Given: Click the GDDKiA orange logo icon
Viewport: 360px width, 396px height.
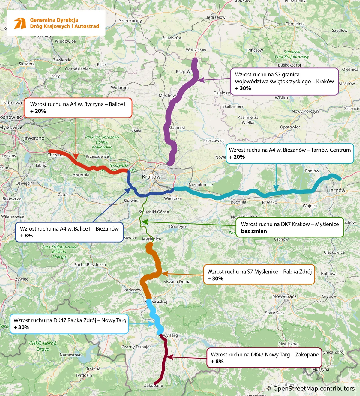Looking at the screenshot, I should pos(20,23).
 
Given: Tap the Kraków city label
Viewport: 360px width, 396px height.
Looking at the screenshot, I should pos(151,177).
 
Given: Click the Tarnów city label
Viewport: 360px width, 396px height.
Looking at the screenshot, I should pos(337,190).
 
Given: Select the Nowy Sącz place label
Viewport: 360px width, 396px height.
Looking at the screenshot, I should pos(284,296).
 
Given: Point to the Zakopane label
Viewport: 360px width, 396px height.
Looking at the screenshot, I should pos(154,386).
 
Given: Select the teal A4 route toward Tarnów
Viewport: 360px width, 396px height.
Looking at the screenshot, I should pos(255,192).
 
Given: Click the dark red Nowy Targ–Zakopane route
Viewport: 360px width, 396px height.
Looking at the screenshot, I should pos(165,360).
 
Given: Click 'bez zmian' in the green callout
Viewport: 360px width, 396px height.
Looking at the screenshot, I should pos(254,231).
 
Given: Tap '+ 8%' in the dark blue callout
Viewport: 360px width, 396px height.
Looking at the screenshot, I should pos(26,236).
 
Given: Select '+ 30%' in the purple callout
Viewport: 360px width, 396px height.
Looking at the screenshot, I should pos(243,88).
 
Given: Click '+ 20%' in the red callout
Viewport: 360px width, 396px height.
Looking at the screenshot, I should pos(38,111).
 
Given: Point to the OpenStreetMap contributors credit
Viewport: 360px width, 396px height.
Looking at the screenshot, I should pos(310,389).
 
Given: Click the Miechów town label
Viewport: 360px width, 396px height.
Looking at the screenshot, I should pos(167,95).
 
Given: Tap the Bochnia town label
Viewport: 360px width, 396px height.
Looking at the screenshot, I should pos(238,202).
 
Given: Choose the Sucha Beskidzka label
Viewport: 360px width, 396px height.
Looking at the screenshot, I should pos(90,265).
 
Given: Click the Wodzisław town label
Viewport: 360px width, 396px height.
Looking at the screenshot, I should pos(196,50).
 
